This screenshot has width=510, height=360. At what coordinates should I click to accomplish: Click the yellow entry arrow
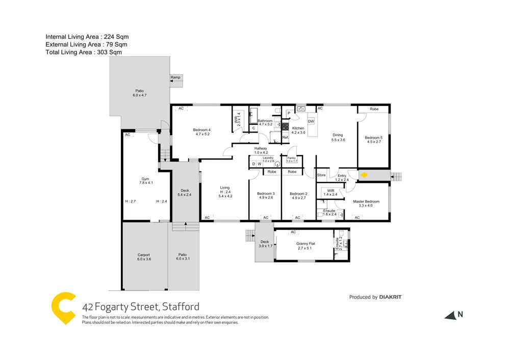coord(364,175)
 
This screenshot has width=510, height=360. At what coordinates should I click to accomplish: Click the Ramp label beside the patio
coord(175,78)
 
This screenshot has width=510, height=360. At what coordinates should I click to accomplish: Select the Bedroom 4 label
coord(202,130)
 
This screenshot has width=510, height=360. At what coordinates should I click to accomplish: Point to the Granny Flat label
coord(305,244)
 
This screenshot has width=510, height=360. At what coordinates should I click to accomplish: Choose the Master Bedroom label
coord(366,201)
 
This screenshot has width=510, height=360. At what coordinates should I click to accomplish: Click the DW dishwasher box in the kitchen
coord(311,121)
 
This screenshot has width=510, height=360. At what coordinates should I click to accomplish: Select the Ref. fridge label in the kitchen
coord(285,137)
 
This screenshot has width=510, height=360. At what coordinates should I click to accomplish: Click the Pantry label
coord(292,158)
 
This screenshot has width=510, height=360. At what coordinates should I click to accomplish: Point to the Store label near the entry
coord(321,175)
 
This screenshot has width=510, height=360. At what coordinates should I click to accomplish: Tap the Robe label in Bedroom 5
coord(374,109)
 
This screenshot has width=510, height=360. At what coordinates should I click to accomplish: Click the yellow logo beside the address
coord(64,308)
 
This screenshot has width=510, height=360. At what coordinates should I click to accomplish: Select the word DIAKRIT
coord(394,297)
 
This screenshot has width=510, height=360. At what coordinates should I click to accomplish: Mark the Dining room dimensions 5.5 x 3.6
coord(338,140)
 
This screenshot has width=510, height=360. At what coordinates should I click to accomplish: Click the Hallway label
coord(261,148)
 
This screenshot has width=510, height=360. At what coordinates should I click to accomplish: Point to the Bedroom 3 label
coord(266,194)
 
